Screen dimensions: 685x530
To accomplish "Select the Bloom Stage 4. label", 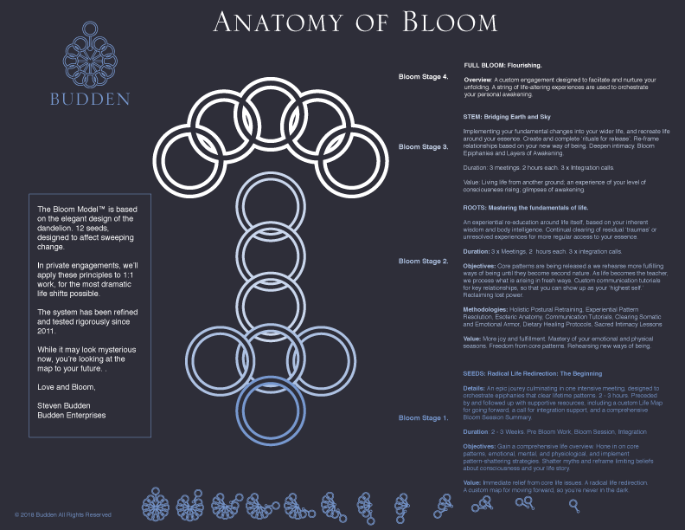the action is click(423, 77).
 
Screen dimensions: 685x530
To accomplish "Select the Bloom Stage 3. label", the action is click(423, 147).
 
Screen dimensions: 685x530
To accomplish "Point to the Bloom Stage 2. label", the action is click(423, 261).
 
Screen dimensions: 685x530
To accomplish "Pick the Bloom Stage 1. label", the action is click(423, 418).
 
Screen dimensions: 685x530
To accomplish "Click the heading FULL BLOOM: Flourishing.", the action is click(503, 66).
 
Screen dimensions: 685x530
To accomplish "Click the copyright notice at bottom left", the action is click(62, 514).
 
